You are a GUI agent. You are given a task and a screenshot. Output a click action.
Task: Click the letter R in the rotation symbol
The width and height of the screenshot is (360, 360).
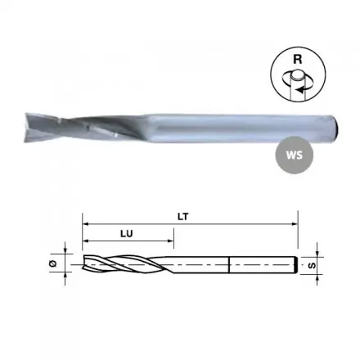pyautogui.click(x=298, y=59)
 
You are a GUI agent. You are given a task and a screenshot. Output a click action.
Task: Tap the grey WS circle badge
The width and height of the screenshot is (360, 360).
pyautogui.click(x=295, y=155)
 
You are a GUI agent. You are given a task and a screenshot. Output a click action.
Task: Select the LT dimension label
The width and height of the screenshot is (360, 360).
pyautogui.click(x=183, y=217)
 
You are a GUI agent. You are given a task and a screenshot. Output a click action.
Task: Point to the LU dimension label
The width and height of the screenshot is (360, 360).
pyautogui.click(x=127, y=234)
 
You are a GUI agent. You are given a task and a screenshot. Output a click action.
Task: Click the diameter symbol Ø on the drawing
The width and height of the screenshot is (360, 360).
pyautogui.click(x=53, y=263)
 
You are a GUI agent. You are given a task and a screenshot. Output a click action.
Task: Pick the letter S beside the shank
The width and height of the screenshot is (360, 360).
pyautogui.click(x=313, y=265)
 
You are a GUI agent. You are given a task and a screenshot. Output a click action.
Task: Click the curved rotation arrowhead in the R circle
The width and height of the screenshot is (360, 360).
pyautogui.click(x=300, y=89)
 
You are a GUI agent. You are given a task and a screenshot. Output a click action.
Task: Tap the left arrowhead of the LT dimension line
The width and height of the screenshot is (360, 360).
pyautogui.click(x=85, y=224)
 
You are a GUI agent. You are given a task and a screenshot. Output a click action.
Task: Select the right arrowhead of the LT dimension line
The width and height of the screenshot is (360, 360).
pyautogui.click(x=295, y=224)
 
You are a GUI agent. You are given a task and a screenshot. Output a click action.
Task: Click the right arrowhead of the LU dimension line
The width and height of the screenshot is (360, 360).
pyautogui.click(x=171, y=241)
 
